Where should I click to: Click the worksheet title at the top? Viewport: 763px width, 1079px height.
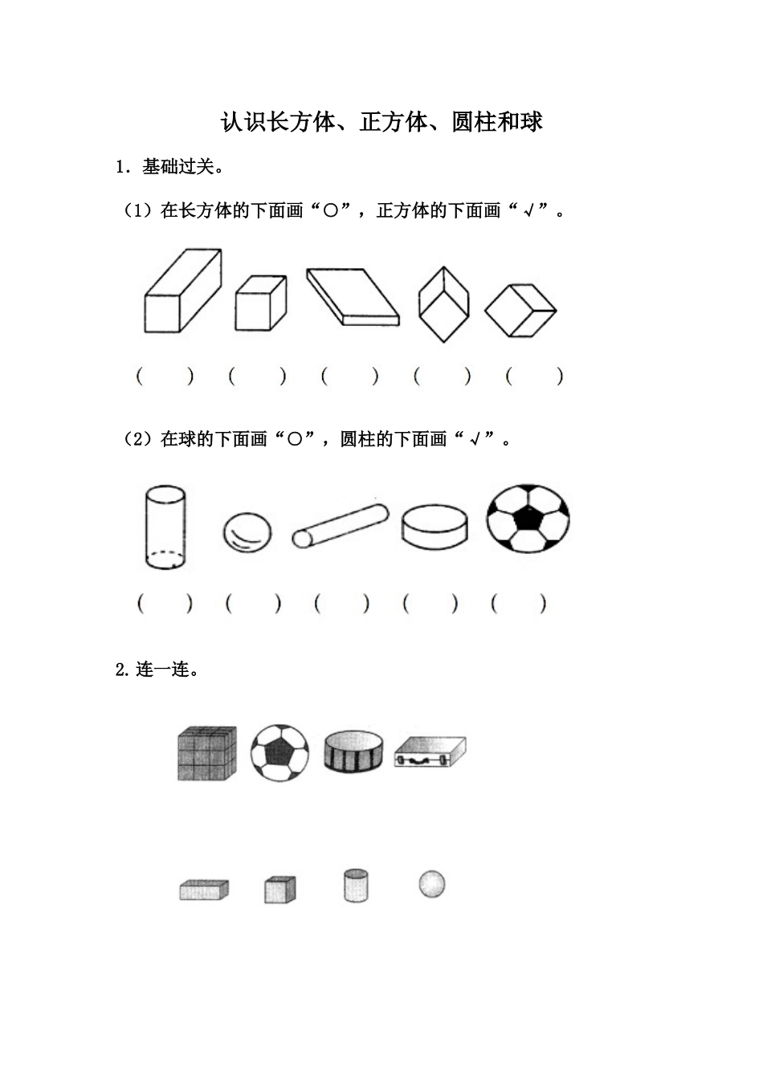tap(381, 121)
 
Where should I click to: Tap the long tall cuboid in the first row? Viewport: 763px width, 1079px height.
tap(183, 291)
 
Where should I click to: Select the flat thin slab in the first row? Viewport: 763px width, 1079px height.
tap(353, 297)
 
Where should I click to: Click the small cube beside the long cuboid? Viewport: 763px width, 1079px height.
tap(261, 303)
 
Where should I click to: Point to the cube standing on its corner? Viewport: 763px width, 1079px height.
tap(444, 304)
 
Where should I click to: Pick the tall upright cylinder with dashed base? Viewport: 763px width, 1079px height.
tap(165, 527)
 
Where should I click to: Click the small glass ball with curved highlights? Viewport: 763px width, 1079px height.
tap(247, 532)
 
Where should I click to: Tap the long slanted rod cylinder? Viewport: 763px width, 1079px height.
tap(341, 526)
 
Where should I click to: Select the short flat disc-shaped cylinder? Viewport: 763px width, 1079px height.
tap(435, 527)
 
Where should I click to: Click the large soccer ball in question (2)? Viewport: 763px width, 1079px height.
tap(528, 519)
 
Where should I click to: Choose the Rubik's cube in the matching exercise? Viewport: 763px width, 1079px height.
tap(207, 753)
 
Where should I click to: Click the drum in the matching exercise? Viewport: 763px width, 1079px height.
tap(353, 752)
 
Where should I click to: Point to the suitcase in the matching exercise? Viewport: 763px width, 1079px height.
tap(430, 752)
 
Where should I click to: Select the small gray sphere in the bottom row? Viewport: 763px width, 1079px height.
tap(431, 884)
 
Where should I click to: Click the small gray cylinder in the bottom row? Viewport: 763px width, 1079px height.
tap(356, 886)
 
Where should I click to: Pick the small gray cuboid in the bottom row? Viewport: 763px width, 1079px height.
tap(204, 890)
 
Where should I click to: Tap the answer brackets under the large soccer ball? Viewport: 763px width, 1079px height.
tap(519, 604)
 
